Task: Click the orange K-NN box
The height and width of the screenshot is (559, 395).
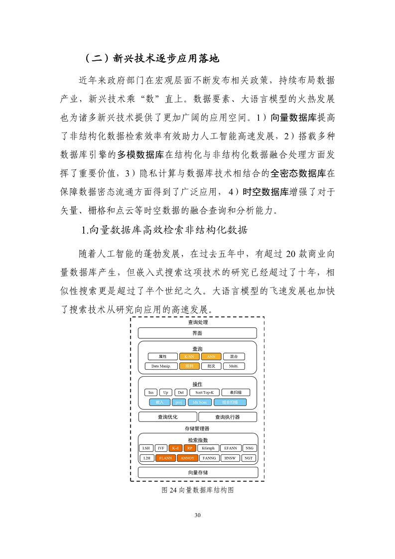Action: [x=189, y=356]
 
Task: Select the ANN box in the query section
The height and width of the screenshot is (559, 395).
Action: [x=211, y=356]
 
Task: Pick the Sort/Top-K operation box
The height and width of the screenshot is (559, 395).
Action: [x=204, y=392]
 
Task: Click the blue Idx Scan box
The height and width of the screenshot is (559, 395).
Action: [x=200, y=402]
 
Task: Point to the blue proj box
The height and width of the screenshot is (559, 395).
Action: [x=179, y=402]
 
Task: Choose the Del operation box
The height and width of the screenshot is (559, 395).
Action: [x=180, y=392]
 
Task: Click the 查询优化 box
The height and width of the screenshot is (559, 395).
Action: [x=167, y=417]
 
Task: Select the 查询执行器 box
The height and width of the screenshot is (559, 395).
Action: [x=227, y=417]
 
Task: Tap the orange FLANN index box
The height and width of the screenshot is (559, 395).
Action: [x=165, y=458]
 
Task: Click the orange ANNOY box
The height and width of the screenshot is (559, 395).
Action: [x=188, y=458]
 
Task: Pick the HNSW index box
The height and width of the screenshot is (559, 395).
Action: [x=230, y=458]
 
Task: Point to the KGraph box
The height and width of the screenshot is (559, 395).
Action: [x=208, y=448]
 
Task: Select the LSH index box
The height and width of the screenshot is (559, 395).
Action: [x=146, y=448]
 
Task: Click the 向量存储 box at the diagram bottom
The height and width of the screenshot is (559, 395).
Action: [x=198, y=472]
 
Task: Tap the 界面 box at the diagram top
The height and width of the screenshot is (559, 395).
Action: [x=197, y=333]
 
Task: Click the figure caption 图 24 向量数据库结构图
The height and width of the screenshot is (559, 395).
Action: [x=198, y=490]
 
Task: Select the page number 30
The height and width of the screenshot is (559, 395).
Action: [x=198, y=515]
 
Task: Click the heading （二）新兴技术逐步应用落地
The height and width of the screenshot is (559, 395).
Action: [x=152, y=58]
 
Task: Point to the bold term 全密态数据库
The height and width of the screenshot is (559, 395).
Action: [x=298, y=173]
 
